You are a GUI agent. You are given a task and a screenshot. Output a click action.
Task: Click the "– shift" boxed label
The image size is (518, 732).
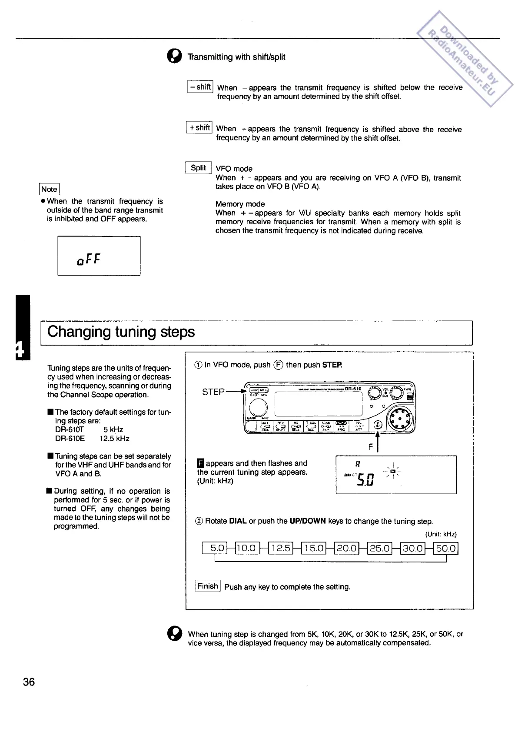199,87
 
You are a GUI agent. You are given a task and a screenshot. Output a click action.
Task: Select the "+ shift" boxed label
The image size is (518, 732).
199,128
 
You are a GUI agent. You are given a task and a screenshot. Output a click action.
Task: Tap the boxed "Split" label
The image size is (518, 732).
198,168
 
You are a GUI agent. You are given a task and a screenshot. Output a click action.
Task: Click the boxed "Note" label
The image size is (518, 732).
49,189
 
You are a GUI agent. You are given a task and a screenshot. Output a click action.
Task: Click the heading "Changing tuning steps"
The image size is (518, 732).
121,332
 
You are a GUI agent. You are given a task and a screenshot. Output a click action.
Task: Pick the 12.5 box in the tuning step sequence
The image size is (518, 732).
280,548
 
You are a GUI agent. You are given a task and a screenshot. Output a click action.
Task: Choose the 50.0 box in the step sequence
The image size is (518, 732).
445,548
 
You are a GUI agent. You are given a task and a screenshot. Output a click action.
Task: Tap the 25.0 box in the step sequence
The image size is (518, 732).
379,548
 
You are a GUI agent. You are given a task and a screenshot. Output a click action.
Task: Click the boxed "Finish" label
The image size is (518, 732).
208,586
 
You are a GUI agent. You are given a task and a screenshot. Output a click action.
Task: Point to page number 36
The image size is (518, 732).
29,682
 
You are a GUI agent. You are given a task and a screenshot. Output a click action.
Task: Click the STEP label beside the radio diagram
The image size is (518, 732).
213,392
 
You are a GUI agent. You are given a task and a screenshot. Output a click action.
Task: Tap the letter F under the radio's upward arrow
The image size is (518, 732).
371,446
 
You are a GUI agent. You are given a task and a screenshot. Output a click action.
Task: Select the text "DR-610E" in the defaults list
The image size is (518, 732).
70,439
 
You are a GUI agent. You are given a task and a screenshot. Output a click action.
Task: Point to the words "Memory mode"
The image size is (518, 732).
240,204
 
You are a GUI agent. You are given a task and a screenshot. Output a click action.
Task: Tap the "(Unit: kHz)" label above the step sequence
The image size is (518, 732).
441,534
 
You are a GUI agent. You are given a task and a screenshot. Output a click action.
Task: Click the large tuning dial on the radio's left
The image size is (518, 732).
259,408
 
